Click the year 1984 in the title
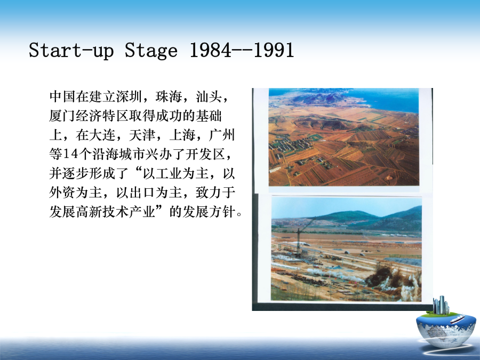pyautogui.click(x=211, y=50)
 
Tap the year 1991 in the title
pyautogui.click(x=274, y=50)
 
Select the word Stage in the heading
pyautogui.click(x=151, y=51)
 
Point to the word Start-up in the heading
pyautogui.click(x=71, y=51)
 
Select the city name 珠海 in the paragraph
pyautogui.click(x=169, y=97)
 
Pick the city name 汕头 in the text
pyautogui.click(x=209, y=97)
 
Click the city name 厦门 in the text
pyautogui.click(x=62, y=116)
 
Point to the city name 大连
pyautogui.click(x=102, y=135)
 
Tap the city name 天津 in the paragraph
pyautogui.click(x=142, y=135)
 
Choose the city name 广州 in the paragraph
pyautogui.click(x=222, y=135)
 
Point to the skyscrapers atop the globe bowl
pyautogui.click(x=441, y=305)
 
